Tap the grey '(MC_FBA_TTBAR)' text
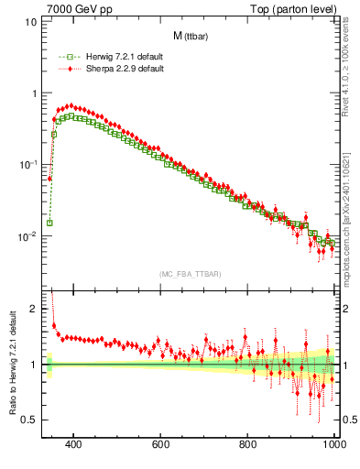coord(190,274)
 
